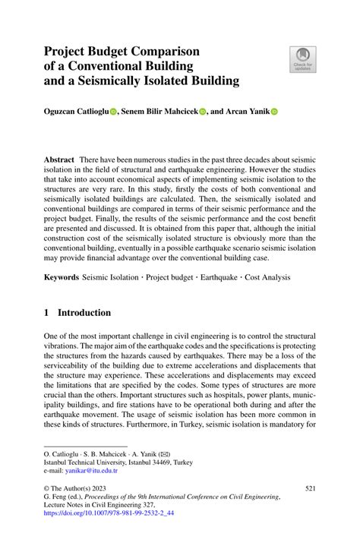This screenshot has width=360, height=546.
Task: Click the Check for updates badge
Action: click(x=303, y=60)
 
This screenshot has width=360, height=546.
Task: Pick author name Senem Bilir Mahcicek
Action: click(x=160, y=111)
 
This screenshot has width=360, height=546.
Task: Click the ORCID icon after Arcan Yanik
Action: click(x=275, y=111)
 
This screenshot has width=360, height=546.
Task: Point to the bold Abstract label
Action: click(x=58, y=162)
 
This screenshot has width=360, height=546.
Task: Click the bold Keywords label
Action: click(x=62, y=278)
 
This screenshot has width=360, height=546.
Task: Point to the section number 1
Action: click(x=47, y=312)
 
